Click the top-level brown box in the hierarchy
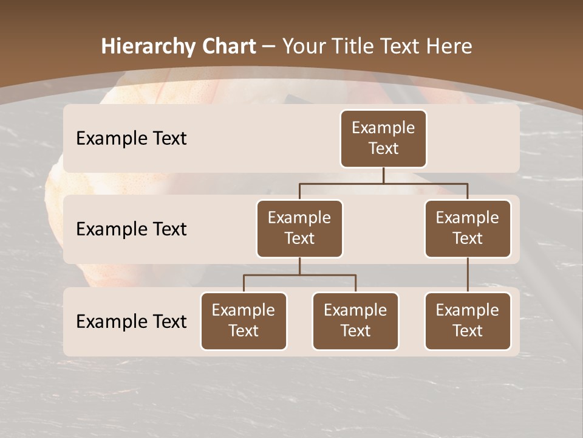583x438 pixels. pos(383,139)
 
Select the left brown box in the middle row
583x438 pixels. pos(299,229)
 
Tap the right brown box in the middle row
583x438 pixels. pos(468,229)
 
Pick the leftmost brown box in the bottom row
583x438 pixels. pos(244,321)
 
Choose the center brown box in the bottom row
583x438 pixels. pos(355,321)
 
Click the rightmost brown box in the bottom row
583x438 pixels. pos(468,321)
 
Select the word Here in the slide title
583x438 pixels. pos(450,46)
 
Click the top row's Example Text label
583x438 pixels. pos(131,139)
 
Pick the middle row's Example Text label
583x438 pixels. pos(131,229)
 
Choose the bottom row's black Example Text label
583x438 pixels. pos(131,322)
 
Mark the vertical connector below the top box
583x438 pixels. pos(383,175)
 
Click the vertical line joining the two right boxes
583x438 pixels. pos(468,275)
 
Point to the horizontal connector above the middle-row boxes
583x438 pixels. pos(383,183)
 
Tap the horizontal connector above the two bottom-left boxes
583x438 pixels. pos(299,275)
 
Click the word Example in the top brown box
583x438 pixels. pos(383,128)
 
